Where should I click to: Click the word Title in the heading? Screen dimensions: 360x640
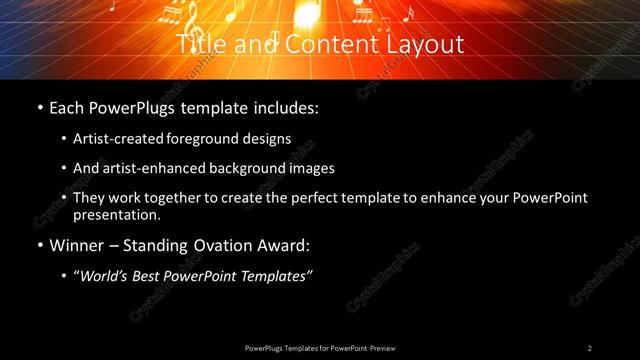pos(198,44)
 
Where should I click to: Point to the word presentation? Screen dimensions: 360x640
pos(116,214)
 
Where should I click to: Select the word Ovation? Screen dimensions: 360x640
pos(230,244)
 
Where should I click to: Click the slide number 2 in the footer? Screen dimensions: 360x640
pos(589,348)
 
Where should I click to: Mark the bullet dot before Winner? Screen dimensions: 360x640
pos(39,245)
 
